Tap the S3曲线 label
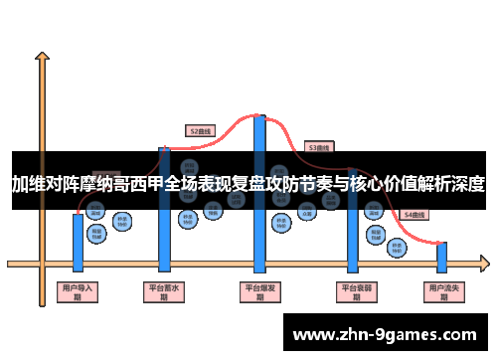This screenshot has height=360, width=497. [319, 147]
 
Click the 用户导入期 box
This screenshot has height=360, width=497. [78, 292]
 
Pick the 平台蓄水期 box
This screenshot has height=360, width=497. [164, 292]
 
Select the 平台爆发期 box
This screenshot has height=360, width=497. [260, 292]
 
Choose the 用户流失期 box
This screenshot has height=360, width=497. [441, 292]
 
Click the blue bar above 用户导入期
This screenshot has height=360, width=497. [78, 241]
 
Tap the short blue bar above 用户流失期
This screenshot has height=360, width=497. [442, 257]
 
